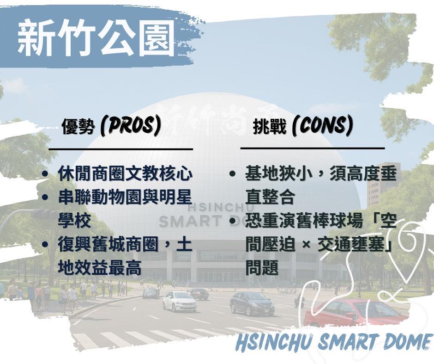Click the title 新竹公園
coord(96,38)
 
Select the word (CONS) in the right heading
coord(323,126)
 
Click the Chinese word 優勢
coord(78,127)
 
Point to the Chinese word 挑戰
coord(269,127)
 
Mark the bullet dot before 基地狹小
coord(233,174)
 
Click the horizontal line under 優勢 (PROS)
coord(121,149)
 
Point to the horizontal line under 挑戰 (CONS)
coord(313,148)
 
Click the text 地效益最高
coord(100,267)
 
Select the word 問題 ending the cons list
coord(262,267)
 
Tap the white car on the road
coord(179,302)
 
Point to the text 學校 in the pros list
coord(74,221)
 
